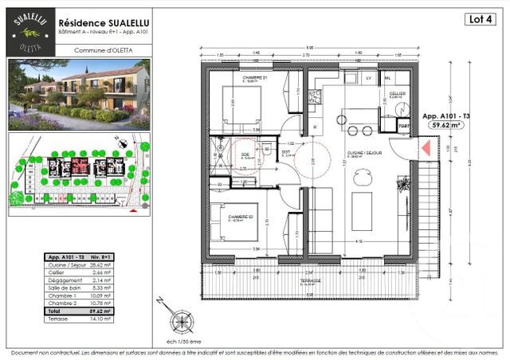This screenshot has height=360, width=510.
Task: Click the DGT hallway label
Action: (x=285, y=152)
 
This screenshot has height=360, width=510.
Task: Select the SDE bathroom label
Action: (x=244, y=155)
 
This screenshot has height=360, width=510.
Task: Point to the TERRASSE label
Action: (x=311, y=281)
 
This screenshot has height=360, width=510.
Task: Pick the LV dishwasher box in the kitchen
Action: (x=369, y=78)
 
